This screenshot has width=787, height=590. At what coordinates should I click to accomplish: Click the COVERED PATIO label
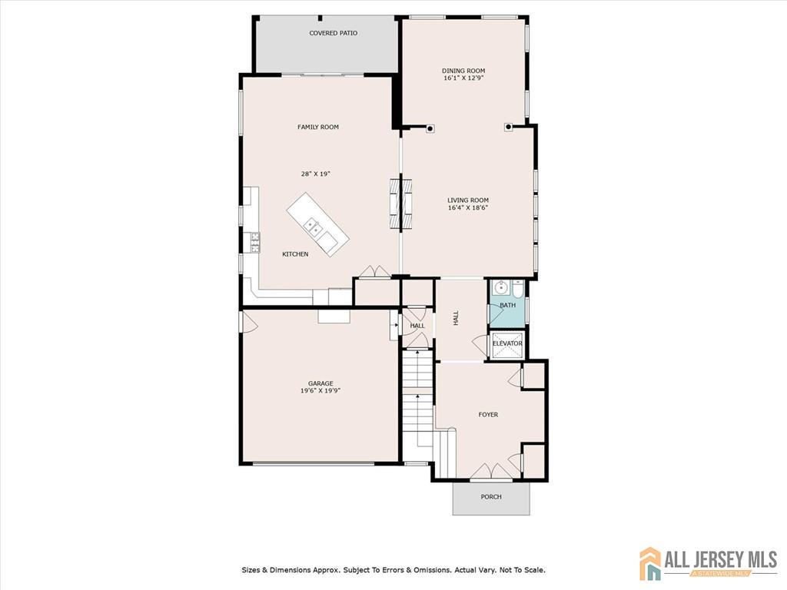pos(334,33)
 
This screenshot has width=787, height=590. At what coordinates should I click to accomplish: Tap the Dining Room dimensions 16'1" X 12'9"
pos(463,78)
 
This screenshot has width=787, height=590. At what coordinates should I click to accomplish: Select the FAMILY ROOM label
pos(318,127)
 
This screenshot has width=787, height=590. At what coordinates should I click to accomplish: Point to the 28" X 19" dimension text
pos(316,174)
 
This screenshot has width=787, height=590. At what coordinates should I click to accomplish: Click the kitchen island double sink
pos(314,227)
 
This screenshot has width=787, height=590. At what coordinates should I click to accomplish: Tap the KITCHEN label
pos(295,254)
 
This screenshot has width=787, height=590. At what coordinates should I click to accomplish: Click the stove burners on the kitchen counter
pos(251,242)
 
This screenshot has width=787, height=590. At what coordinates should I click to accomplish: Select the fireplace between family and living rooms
pos(401,203)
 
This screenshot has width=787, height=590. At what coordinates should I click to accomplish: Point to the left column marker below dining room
pos(430,128)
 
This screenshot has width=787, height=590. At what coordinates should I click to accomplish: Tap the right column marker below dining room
pos(509,127)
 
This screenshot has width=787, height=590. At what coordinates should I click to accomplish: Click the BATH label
pos(507,305)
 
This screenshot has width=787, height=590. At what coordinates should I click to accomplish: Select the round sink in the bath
pos(500,288)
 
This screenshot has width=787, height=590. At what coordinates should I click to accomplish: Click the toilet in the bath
pos(518,288)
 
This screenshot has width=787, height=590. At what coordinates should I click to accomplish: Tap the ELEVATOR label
pos(507,343)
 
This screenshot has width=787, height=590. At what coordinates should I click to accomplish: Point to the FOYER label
pos(488,415)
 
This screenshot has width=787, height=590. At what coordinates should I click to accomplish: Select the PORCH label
pos(491,497)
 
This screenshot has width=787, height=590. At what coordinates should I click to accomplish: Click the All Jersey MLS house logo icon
pos(650,563)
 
